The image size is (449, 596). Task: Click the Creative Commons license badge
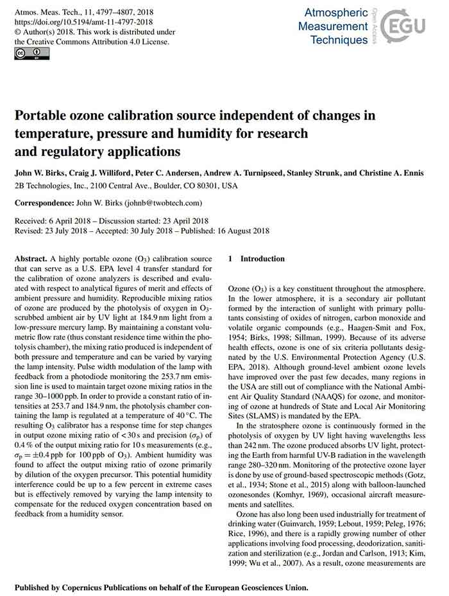(x=23, y=53)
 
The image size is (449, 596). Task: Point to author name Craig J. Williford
(x=89, y=173)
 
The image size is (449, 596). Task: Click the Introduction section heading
(x=262, y=259)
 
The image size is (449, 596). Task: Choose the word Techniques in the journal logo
(x=338, y=40)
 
